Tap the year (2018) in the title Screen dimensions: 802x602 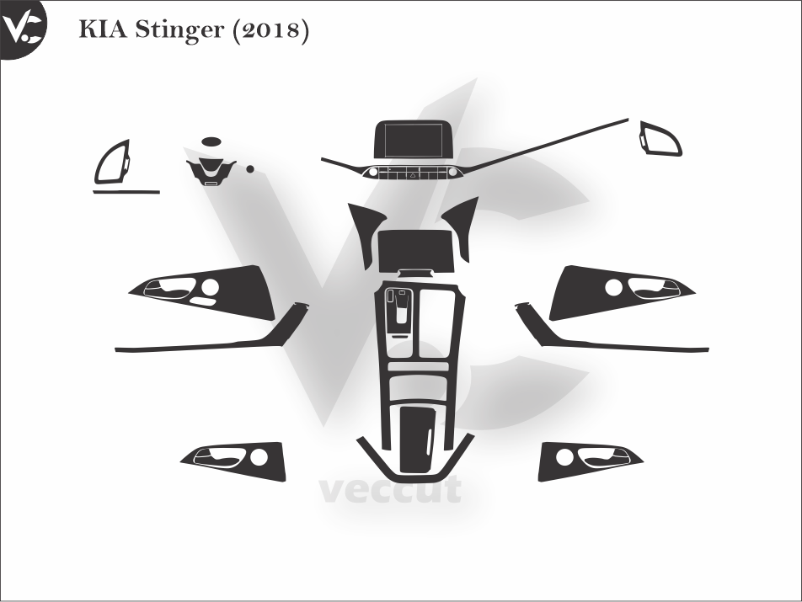(x=270, y=31)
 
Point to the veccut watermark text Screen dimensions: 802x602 (x=390, y=489)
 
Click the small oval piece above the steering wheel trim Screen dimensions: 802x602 (x=211, y=142)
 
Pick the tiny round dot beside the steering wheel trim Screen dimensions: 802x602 (x=250, y=168)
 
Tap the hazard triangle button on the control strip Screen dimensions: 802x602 (x=414, y=175)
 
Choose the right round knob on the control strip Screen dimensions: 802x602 (x=454, y=172)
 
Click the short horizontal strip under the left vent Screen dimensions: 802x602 (x=126, y=193)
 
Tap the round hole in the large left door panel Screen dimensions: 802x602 (x=210, y=287)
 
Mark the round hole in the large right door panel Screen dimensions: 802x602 (x=613, y=287)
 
